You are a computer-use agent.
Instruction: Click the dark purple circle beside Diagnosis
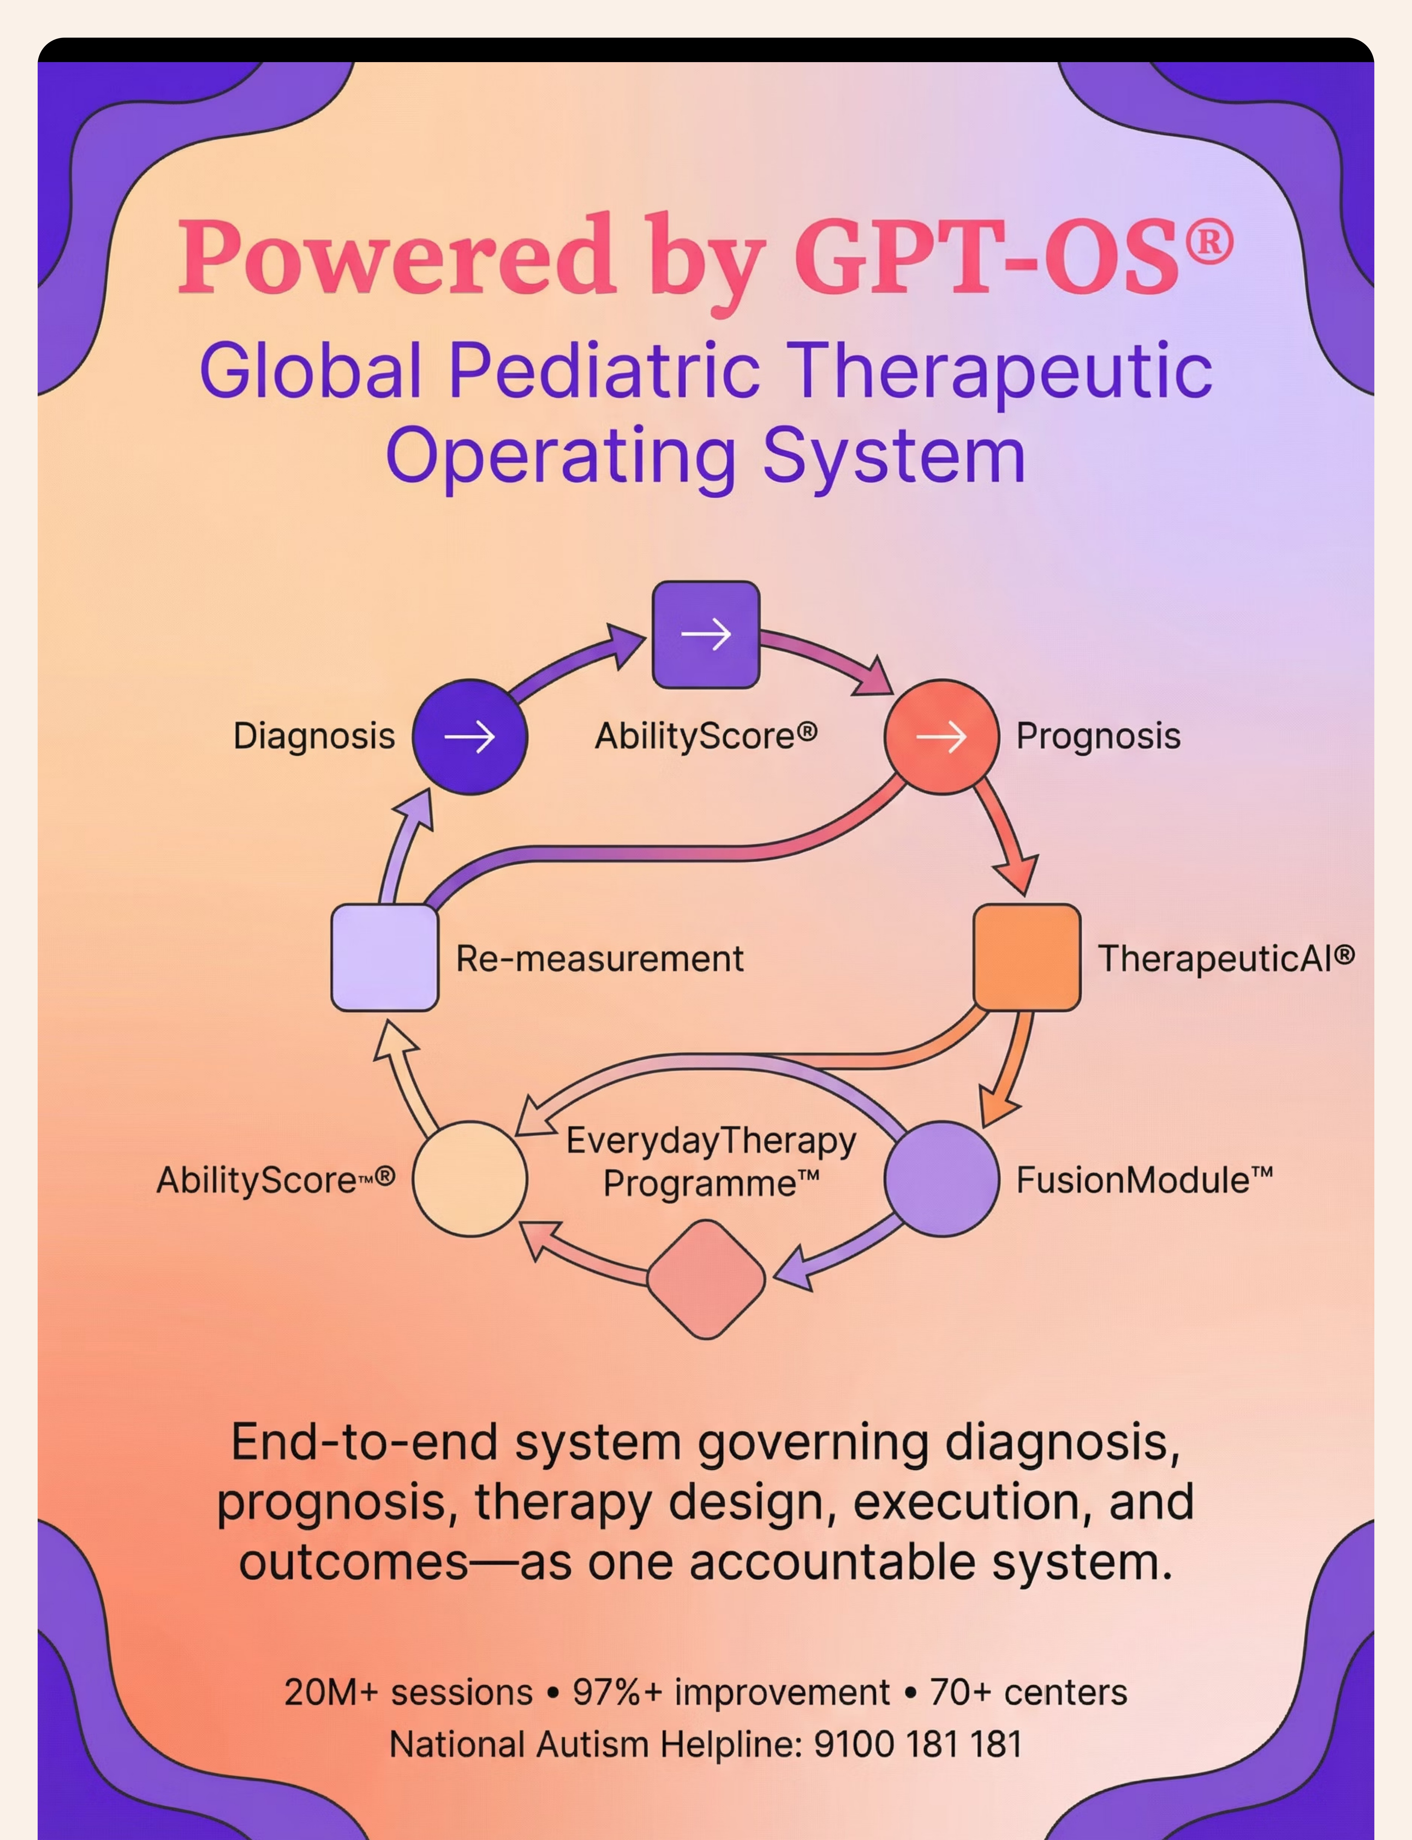click(x=470, y=737)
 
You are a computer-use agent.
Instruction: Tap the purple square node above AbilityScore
click(x=706, y=634)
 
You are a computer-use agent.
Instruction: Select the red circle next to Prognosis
click(x=941, y=737)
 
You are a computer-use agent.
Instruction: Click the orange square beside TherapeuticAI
click(x=1026, y=957)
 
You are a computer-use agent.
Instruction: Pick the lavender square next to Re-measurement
click(x=385, y=957)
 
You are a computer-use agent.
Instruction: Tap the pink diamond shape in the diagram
click(x=706, y=1279)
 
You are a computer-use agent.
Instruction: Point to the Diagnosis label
click(x=314, y=736)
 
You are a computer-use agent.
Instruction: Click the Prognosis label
click(x=1098, y=736)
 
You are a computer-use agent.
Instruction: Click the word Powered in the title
click(x=395, y=256)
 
